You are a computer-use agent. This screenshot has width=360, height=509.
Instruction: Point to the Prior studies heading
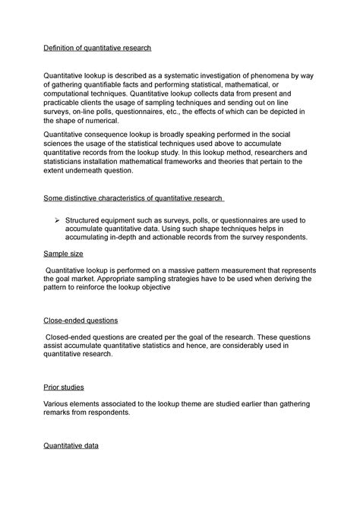[x=65, y=387]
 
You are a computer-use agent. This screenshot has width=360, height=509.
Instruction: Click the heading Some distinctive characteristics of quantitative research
[x=132, y=200]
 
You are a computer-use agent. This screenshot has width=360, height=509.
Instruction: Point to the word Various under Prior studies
[x=59, y=403]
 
